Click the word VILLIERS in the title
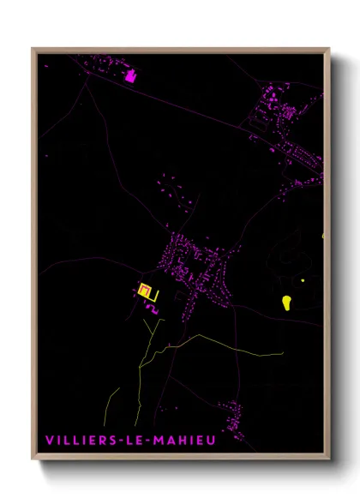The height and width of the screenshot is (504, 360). [80, 440]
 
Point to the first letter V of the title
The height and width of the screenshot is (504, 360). [50, 440]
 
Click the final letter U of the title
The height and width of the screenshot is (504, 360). [213, 440]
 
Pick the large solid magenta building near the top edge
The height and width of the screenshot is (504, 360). [130, 75]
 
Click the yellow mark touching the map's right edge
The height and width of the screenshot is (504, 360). [323, 234]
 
